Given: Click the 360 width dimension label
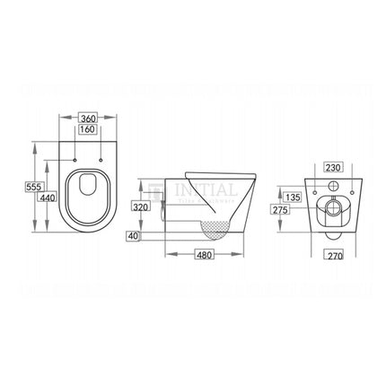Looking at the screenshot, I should (88, 118).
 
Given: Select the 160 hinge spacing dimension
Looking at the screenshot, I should (88, 130).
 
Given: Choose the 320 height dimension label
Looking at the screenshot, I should (139, 206).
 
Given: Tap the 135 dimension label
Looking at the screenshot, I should (291, 197).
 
